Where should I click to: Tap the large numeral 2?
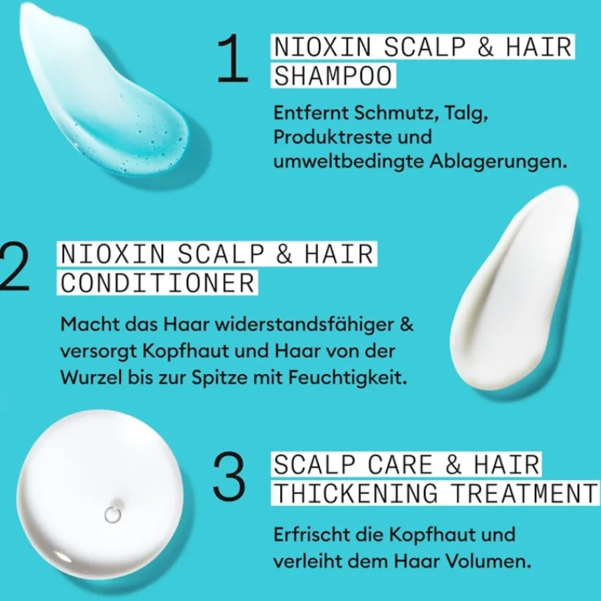[15, 266]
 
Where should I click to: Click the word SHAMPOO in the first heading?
[333, 76]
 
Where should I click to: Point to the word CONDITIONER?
[158, 282]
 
